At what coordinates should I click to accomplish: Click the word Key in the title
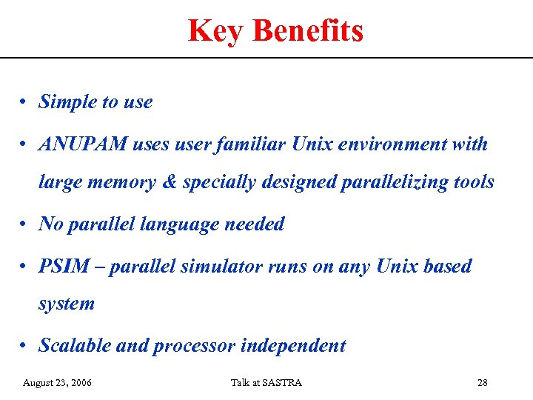pyautogui.click(x=215, y=31)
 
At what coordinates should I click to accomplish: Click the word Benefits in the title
pyautogui.click(x=307, y=31)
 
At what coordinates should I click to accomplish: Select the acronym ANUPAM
pyautogui.click(x=83, y=144)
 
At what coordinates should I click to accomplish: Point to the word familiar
pyautogui.click(x=248, y=144)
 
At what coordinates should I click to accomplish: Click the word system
pyautogui.click(x=67, y=304)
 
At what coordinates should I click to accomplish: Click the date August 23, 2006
pyautogui.click(x=58, y=382)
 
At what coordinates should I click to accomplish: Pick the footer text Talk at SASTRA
pyautogui.click(x=266, y=382)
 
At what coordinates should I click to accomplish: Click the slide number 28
pyautogui.click(x=482, y=382)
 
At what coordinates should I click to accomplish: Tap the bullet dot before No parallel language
pyautogui.click(x=24, y=224)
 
